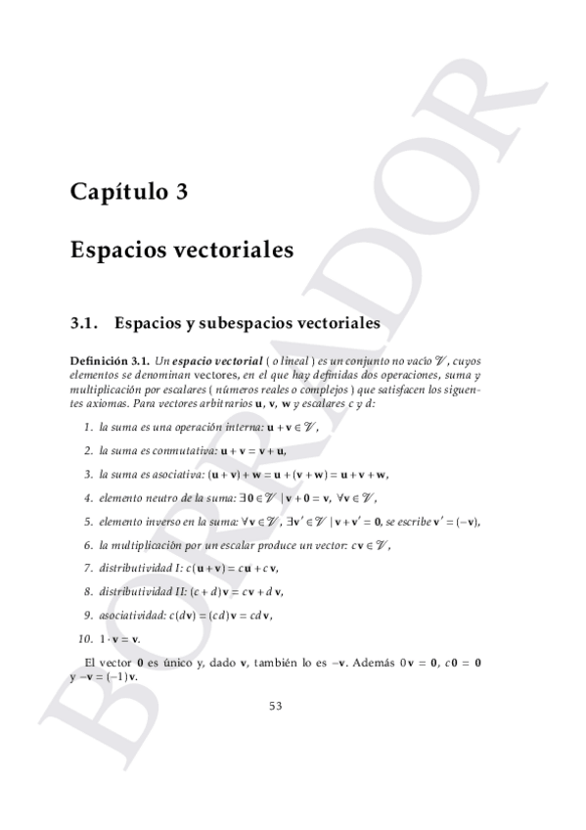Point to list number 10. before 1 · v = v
pos(85,638)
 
